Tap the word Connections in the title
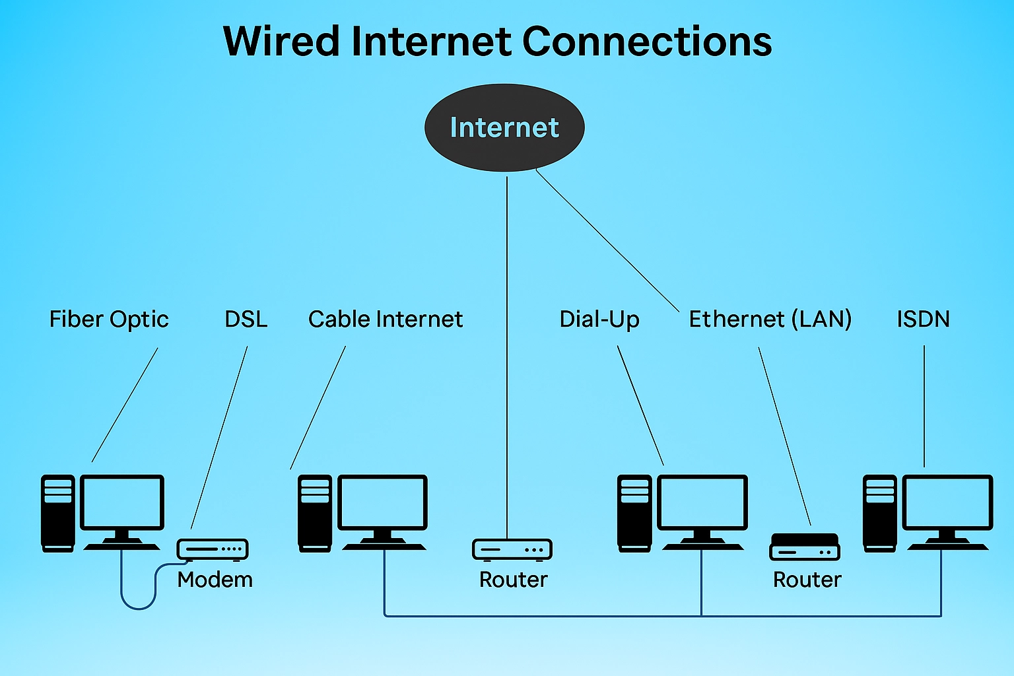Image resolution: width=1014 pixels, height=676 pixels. [x=647, y=42]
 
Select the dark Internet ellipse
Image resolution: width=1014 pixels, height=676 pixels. [x=504, y=127]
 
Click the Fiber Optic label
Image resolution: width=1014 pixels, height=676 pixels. [x=109, y=320]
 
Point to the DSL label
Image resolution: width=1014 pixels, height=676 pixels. [x=246, y=320]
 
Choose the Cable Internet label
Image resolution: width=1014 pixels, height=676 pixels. [x=386, y=320]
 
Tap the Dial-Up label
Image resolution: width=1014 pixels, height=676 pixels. [x=599, y=320]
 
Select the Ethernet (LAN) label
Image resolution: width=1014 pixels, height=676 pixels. [x=770, y=320]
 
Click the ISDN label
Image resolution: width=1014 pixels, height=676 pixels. [x=923, y=320]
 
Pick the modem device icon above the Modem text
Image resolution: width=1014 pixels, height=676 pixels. [x=213, y=549]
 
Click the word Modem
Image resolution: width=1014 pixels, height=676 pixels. [x=215, y=580]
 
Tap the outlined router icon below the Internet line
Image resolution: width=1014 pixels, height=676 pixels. [x=512, y=549]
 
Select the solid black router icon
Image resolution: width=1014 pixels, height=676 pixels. [x=805, y=547]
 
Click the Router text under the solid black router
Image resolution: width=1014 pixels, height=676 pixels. [x=807, y=580]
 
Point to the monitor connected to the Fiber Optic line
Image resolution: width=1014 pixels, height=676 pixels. [x=122, y=503]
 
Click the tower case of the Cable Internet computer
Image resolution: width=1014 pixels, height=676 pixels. [x=314, y=513]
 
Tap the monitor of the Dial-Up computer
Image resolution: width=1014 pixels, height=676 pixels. [x=703, y=503]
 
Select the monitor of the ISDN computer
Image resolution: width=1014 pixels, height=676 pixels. [x=948, y=503]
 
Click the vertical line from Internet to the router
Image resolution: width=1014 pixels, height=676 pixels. [x=507, y=356]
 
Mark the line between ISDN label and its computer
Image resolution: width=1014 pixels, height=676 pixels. [x=924, y=406]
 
